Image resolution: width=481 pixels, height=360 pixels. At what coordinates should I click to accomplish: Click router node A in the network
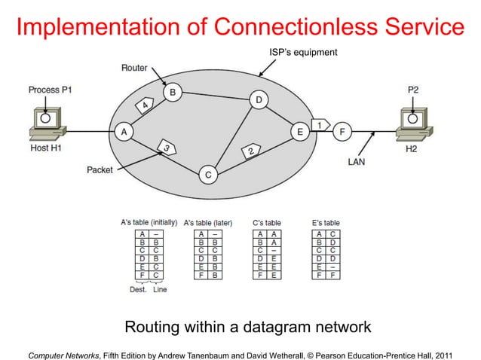123,131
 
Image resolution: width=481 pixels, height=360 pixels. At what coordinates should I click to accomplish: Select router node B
173,93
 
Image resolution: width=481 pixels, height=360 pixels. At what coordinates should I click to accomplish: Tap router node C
208,175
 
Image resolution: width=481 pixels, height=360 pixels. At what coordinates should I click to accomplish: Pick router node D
259,100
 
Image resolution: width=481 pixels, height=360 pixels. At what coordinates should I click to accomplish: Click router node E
300,131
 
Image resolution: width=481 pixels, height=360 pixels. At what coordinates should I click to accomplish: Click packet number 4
143,107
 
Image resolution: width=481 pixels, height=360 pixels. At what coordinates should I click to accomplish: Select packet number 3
165,146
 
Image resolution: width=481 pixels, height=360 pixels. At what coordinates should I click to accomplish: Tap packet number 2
250,151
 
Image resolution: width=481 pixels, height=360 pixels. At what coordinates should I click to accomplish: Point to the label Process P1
50,90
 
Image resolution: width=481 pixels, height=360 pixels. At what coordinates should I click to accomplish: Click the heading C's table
266,223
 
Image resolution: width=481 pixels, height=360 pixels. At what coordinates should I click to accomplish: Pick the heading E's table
326,223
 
